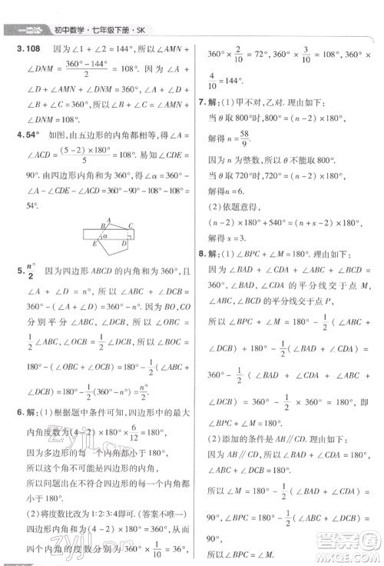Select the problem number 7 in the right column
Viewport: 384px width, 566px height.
tap(203, 102)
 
